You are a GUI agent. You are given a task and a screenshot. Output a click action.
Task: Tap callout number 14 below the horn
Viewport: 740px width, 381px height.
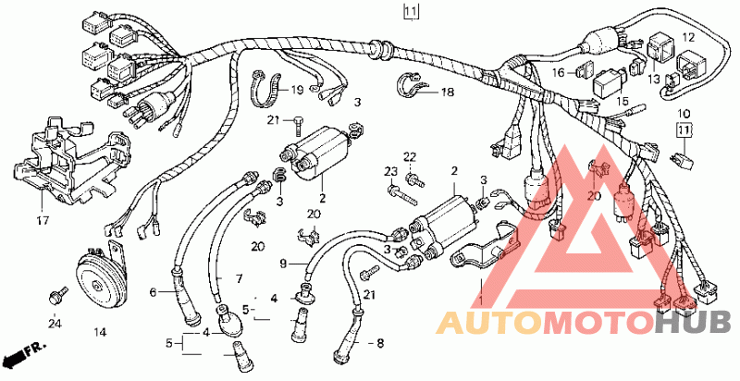point(100,331)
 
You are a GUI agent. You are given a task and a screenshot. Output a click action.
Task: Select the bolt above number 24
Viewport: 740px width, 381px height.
point(57,295)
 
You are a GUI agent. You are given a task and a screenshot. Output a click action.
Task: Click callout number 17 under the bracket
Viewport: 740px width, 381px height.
point(43,221)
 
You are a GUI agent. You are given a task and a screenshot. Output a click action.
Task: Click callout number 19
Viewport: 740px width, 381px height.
point(297,91)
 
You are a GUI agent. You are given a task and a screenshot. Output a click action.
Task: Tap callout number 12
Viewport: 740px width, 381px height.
point(687,37)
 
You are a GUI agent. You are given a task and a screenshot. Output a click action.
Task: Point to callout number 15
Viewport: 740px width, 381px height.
point(623,102)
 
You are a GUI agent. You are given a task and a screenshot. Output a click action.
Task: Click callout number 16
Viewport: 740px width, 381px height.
point(560,72)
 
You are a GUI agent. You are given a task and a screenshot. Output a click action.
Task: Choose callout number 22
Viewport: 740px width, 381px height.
point(410,154)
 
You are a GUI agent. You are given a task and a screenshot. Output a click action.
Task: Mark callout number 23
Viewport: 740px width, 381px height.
point(390,172)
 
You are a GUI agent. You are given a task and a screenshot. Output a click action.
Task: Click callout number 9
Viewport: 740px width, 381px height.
point(284,264)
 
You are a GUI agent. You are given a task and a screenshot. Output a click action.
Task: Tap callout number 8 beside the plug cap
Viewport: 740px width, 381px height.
point(379,343)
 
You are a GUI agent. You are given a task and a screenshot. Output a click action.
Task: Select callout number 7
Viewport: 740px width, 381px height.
point(238,278)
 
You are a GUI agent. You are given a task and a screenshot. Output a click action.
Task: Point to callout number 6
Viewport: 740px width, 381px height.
point(154,293)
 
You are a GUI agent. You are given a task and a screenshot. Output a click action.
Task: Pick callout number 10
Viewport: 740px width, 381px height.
point(684,113)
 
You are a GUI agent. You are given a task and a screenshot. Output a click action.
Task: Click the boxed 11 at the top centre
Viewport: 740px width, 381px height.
point(411,12)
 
